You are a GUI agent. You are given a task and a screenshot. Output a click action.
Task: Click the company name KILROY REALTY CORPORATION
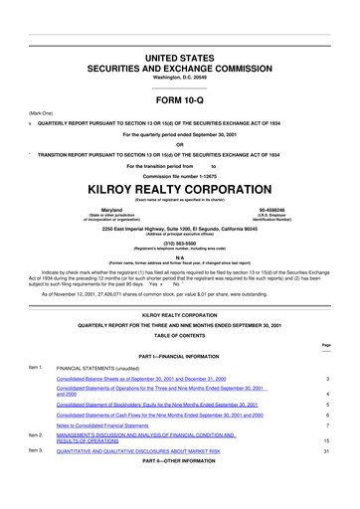pos(179,186)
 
